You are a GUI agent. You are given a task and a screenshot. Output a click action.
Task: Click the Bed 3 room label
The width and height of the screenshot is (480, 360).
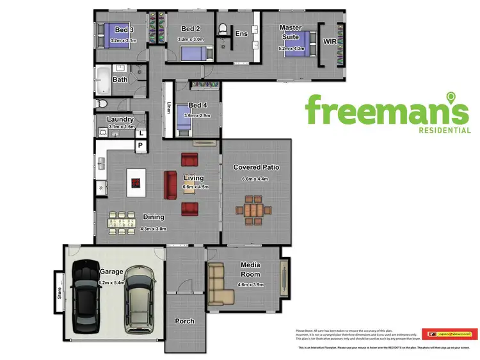coord(124,29)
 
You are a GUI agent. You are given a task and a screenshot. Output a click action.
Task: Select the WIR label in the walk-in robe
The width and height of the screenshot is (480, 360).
coord(330,41)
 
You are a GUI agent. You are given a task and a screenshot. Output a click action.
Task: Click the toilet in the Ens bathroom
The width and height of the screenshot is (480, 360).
coord(223,29)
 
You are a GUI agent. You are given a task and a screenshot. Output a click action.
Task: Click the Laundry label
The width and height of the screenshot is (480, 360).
coord(120,119)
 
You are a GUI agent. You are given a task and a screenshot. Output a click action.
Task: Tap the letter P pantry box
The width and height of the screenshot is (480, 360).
coord(139,146)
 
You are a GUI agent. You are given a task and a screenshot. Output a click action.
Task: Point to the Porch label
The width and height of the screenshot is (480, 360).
coord(184,322)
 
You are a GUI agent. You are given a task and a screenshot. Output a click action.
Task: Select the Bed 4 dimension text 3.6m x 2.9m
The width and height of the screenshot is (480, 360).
coord(197,115)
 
